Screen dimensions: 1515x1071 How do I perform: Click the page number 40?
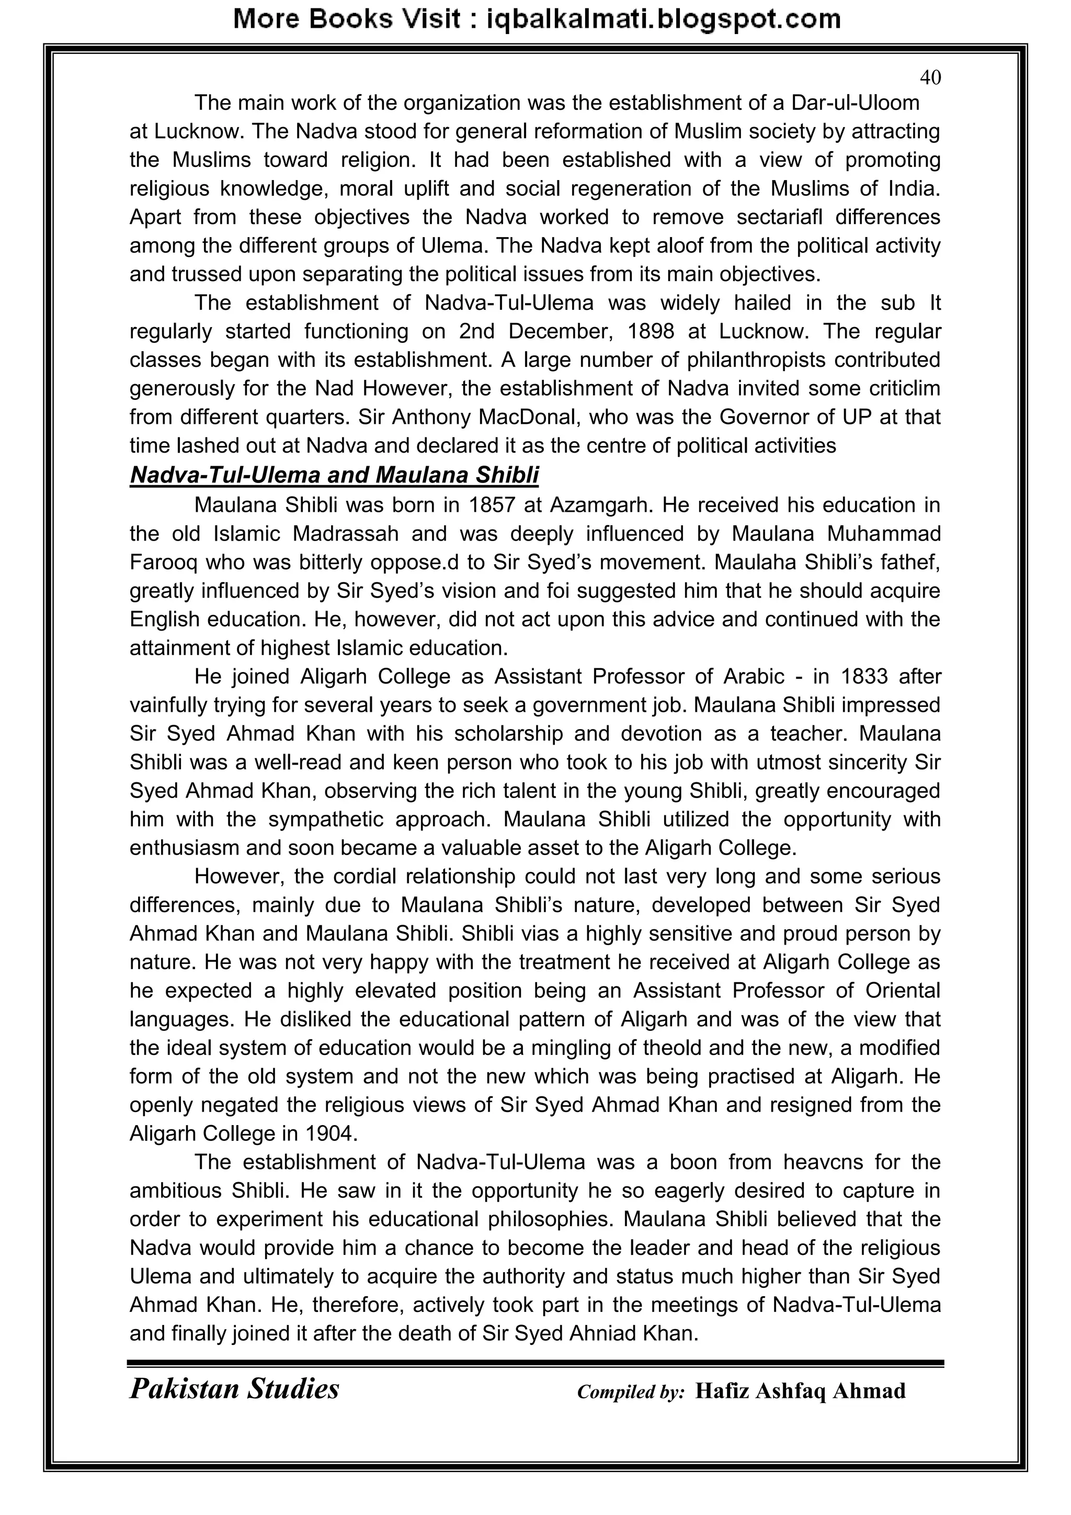pyautogui.click(x=930, y=78)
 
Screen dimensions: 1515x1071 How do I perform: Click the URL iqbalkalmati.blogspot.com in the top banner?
pyautogui.click(x=664, y=19)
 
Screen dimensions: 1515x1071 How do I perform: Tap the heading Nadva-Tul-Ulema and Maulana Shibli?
pyautogui.click(x=334, y=475)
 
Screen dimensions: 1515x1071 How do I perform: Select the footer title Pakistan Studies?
pyautogui.click(x=234, y=1388)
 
